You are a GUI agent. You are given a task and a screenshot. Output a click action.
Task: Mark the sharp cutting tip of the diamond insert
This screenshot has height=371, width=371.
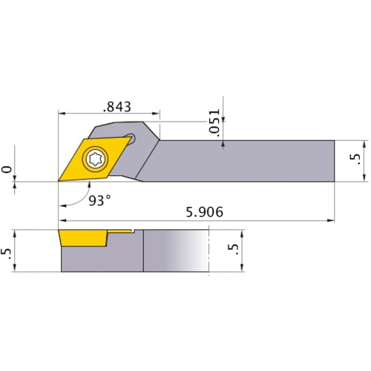tap(59, 180)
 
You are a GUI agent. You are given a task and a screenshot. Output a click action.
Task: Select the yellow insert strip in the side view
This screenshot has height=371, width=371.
tap(83, 238)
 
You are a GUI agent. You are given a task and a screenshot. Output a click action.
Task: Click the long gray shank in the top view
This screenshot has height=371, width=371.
tap(245, 160)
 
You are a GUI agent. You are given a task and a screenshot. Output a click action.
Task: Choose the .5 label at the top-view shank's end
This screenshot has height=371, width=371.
tap(355, 160)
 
